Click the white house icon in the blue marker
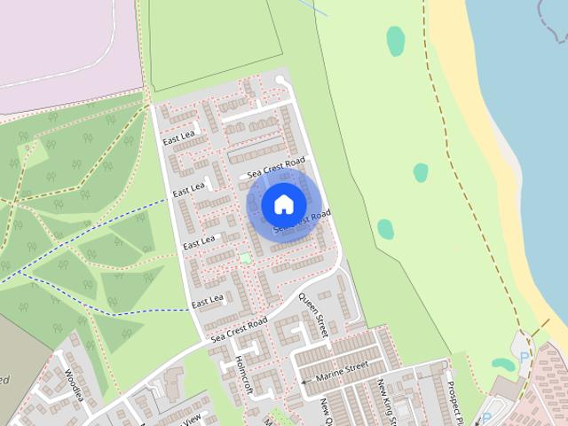coord(283,204)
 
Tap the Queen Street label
coord(313,316)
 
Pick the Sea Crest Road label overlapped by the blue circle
coord(303,224)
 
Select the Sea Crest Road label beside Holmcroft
coord(239,330)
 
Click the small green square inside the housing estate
coord(245,258)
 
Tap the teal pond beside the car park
coord(502,364)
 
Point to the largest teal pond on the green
coord(396,41)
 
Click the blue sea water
coord(524,89)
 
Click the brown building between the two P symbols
coord(506,388)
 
